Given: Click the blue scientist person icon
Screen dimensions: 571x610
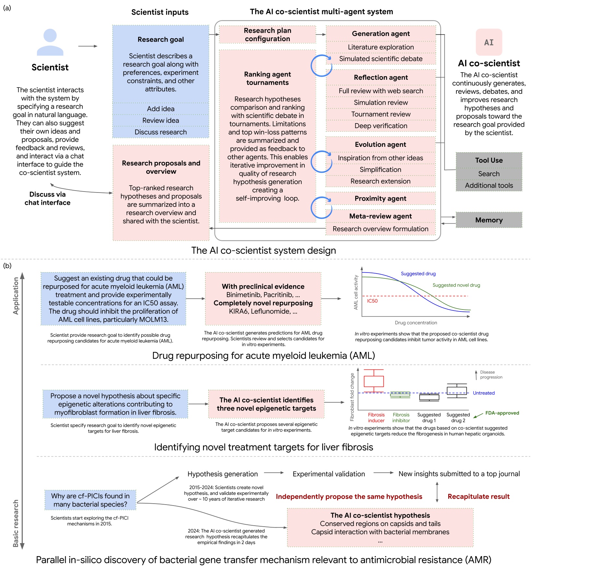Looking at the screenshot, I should click(50, 42).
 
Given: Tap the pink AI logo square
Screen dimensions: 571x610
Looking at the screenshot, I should click(489, 42).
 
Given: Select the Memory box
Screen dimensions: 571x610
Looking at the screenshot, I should click(489, 220).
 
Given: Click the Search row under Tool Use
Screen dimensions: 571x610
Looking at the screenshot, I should click(489, 174).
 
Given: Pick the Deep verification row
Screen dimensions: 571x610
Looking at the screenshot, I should click(381, 126).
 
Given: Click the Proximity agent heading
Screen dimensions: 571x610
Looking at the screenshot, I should click(380, 198).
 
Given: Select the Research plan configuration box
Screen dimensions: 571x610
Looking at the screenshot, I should click(267, 35).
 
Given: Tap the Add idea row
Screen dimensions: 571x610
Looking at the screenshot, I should click(160, 109).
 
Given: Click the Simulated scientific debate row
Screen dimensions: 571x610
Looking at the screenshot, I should click(381, 59).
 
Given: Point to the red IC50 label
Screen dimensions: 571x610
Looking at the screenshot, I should click(372, 301).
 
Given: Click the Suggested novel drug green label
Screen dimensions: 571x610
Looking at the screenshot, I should click(456, 285).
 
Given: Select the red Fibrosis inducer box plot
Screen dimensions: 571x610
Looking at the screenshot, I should click(374, 381).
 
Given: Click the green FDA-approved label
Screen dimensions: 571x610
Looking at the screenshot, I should click(502, 413).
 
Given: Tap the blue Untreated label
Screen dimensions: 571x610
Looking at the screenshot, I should click(484, 393).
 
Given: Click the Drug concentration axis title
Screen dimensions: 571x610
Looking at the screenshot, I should click(416, 323).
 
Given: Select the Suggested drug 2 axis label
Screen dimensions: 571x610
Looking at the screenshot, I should click(458, 417).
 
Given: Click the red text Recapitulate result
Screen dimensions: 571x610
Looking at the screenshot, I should click(478, 496).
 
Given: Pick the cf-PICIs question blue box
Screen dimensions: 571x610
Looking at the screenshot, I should click(90, 500).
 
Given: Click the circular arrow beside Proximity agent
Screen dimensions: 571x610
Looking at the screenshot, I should click(321, 208).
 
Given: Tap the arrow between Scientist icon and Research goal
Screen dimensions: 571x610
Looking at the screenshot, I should click(88, 46).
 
